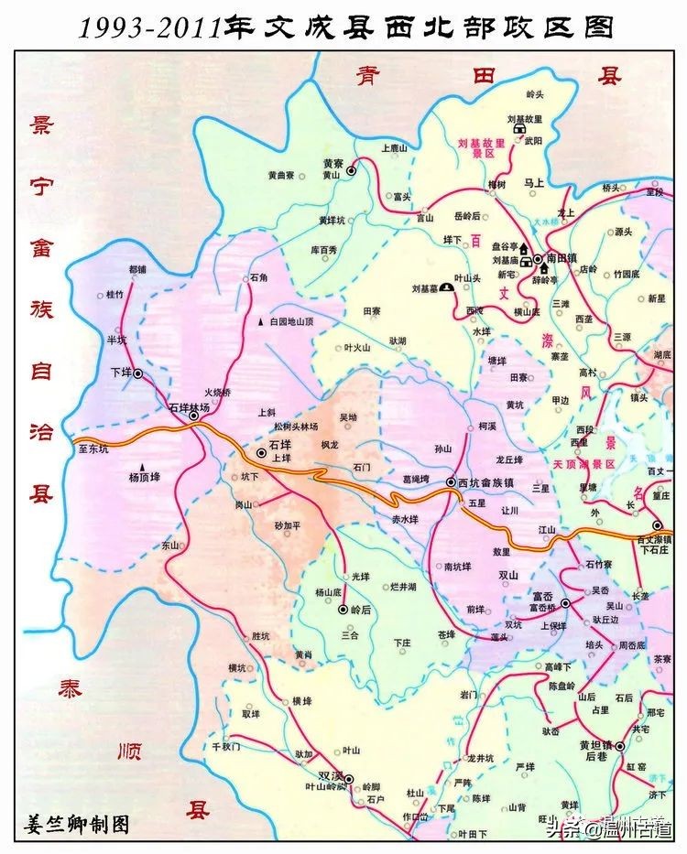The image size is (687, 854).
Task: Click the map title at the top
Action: (x=344, y=27)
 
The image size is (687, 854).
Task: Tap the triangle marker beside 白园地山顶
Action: (x=261, y=322)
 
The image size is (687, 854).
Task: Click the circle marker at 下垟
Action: (x=138, y=374)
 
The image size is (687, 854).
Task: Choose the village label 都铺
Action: (x=137, y=270)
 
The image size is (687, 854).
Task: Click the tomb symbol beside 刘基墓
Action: (x=445, y=287)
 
